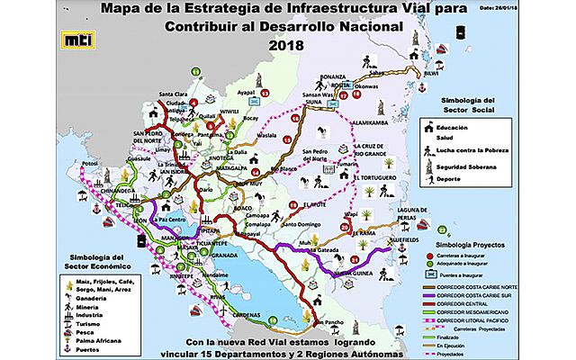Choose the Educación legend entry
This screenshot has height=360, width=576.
[x=465, y=128]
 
